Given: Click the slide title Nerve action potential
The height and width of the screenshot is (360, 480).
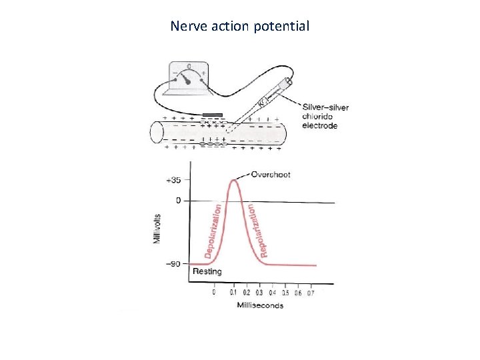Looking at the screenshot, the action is (239, 26).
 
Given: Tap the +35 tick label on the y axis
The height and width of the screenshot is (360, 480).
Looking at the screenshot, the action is (173, 180).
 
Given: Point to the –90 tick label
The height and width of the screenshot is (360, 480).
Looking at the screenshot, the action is (173, 264).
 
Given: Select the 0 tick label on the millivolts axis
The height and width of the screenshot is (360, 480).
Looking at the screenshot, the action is (178, 200).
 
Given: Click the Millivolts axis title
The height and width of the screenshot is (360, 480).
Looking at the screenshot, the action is (158, 229).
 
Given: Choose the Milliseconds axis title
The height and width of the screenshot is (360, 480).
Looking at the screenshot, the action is (260, 305).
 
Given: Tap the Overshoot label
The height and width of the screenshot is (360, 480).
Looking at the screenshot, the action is (271, 175).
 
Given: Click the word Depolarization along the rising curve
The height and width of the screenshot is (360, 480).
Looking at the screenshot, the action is (213, 231).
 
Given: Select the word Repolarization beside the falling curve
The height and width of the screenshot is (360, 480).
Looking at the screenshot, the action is (258, 230).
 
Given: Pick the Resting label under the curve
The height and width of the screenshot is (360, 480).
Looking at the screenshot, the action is (207, 271).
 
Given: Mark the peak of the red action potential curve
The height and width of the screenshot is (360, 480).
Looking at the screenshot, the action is (234, 179).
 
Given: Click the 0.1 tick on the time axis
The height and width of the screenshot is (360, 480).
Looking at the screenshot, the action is (233, 292).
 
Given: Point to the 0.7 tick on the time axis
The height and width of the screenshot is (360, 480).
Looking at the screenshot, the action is (310, 292).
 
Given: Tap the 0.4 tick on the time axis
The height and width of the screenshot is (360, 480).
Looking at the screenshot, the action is (272, 292).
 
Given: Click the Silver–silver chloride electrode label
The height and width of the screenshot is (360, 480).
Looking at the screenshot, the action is (325, 116).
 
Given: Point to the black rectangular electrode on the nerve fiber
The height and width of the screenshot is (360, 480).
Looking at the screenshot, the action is (213, 114).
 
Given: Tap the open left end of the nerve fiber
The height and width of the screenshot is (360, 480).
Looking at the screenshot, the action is (156, 131).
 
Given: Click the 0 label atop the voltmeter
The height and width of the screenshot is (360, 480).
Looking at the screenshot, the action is (189, 66).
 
